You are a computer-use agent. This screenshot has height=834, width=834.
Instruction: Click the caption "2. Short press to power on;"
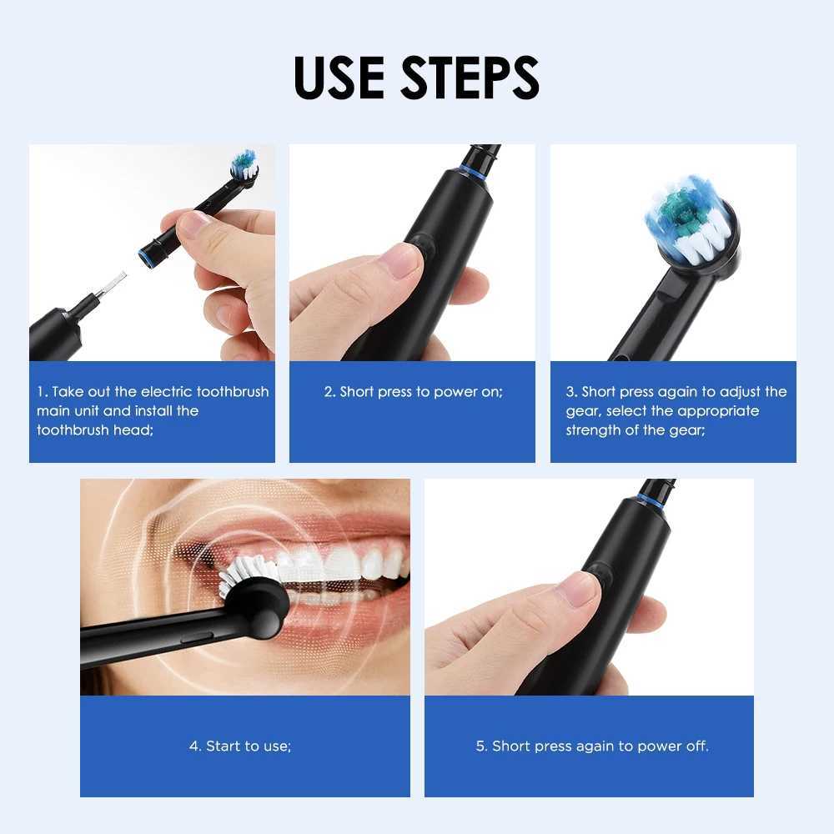coord(413,392)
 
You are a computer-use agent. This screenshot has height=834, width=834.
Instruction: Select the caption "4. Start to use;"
coord(240,746)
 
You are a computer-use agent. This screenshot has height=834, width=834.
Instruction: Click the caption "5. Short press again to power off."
coord(592,746)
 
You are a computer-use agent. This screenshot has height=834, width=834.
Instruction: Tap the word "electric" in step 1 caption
coord(166,392)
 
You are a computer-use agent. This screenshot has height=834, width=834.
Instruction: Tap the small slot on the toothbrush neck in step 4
coord(197,636)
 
